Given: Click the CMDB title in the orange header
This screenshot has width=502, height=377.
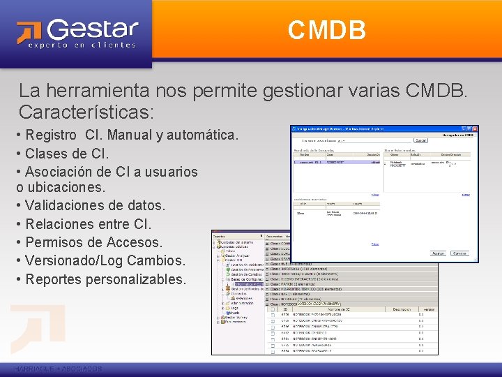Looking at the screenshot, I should tap(327, 30).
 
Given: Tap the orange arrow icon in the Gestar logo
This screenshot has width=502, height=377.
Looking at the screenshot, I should tap(30, 33).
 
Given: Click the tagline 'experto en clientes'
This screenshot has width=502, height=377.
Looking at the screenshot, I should tap(82, 45).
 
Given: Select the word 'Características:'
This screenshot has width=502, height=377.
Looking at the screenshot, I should tap(86, 112).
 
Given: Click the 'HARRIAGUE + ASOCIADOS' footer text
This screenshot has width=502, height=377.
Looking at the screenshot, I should tap(57, 368).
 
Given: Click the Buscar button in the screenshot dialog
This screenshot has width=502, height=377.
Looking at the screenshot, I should tap(420, 140).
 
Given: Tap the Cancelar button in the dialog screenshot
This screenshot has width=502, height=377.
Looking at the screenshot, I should tap(460, 253).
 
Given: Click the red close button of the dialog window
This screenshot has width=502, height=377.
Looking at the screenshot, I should tap(474, 128).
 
